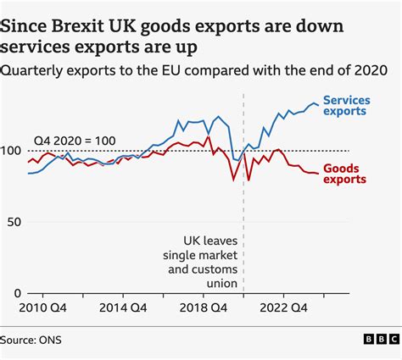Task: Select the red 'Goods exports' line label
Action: pos(345,173)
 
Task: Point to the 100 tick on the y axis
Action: pos(12,151)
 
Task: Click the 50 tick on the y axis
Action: pos(14,222)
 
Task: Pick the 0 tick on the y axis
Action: pos(18,293)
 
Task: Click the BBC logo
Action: pos(376,340)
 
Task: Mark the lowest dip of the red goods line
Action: pos(233,180)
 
